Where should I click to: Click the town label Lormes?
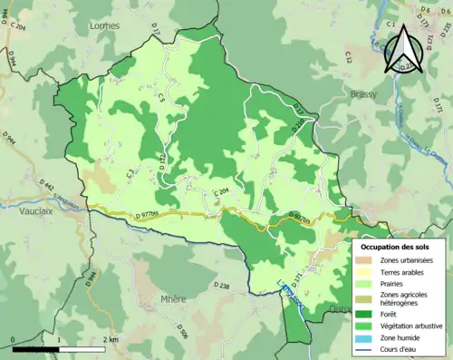point(106,25)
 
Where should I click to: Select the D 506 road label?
point(180,334)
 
